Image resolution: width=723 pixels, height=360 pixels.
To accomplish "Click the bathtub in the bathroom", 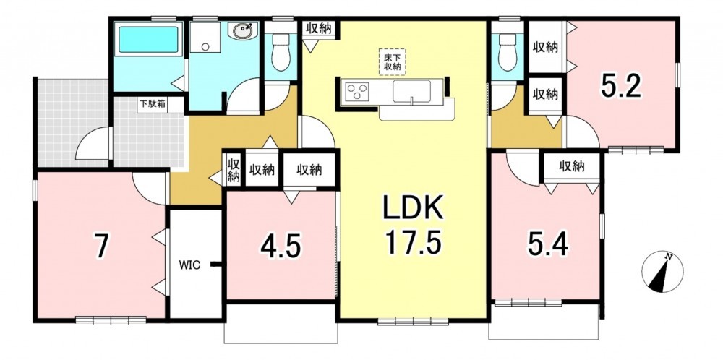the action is click(x=148, y=39).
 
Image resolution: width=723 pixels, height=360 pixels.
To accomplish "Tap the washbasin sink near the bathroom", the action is click(x=242, y=31).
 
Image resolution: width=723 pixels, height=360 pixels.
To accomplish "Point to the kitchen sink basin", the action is click(x=412, y=91).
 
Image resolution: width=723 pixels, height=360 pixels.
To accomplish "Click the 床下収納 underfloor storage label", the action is click(x=392, y=61).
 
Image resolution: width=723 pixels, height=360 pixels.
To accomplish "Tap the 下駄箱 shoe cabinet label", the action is click(x=153, y=104).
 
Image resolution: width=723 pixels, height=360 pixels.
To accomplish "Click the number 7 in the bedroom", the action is click(x=101, y=247).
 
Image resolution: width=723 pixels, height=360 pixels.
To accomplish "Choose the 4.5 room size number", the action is click(x=281, y=247).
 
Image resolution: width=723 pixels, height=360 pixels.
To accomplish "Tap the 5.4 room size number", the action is click(x=548, y=245).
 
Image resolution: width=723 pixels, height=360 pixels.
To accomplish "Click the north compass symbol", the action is click(x=662, y=272).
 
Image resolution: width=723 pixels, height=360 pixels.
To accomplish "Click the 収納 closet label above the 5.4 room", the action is click(x=572, y=166).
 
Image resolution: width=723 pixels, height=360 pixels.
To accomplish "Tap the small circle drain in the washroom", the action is click(x=205, y=46).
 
